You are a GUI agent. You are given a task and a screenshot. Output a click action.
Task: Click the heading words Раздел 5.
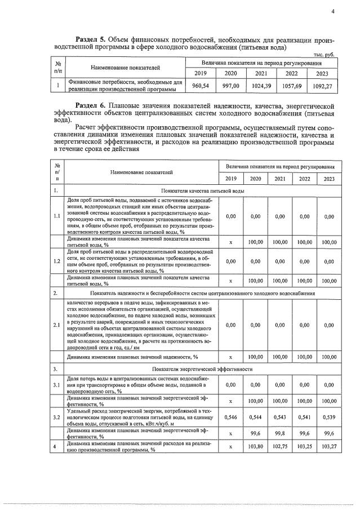[x=91, y=42]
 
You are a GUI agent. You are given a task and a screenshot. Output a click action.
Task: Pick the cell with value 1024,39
[x=262, y=86]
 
